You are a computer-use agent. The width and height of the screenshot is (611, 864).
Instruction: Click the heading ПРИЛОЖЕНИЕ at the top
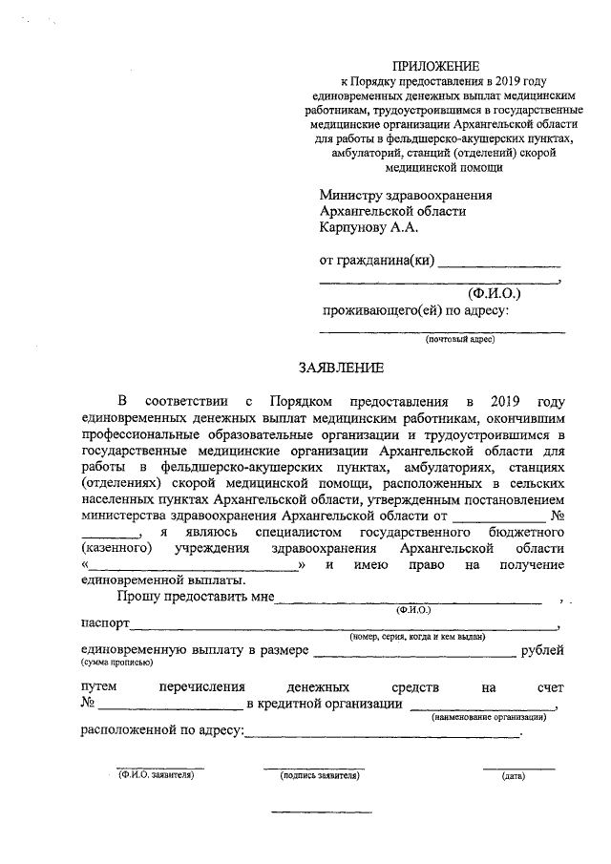pyautogui.click(x=440, y=66)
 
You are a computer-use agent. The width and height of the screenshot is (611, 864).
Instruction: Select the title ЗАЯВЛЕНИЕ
pyautogui.click(x=341, y=368)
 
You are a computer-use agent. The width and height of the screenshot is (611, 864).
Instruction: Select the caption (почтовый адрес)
pyautogui.click(x=459, y=340)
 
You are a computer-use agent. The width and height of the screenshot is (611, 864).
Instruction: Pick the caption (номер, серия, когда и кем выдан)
pyautogui.click(x=417, y=636)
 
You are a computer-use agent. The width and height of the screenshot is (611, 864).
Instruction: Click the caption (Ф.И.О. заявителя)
pyautogui.click(x=157, y=775)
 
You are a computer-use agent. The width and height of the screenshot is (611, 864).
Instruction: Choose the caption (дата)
pyautogui.click(x=513, y=775)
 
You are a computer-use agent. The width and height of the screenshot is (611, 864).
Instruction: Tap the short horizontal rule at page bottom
pyautogui.click(x=305, y=812)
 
